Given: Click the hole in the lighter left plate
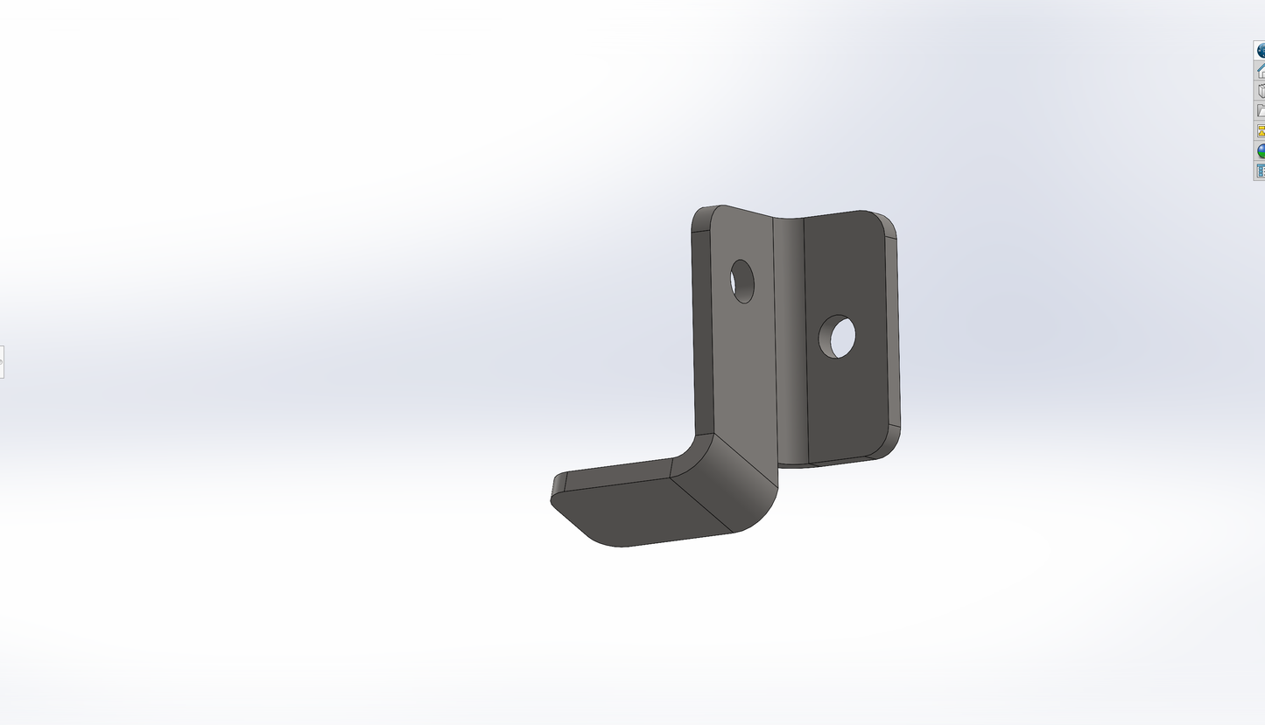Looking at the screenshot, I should coord(742,282).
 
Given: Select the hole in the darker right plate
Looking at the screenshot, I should coord(837,337).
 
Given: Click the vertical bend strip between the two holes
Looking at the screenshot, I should coord(789,341).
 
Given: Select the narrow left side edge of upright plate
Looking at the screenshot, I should coord(702,332).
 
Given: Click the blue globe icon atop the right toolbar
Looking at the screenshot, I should coord(1261,51).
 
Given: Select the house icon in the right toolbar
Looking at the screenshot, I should coord(1261,71).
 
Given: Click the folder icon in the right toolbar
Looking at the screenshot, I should coord(1261,111).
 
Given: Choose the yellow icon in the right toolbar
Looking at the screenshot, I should coord(1261,131).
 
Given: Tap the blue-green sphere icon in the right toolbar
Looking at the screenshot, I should coord(1261,151).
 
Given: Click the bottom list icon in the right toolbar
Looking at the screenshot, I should coord(1261,171).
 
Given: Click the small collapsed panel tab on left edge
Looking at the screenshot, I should coord(2,361).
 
